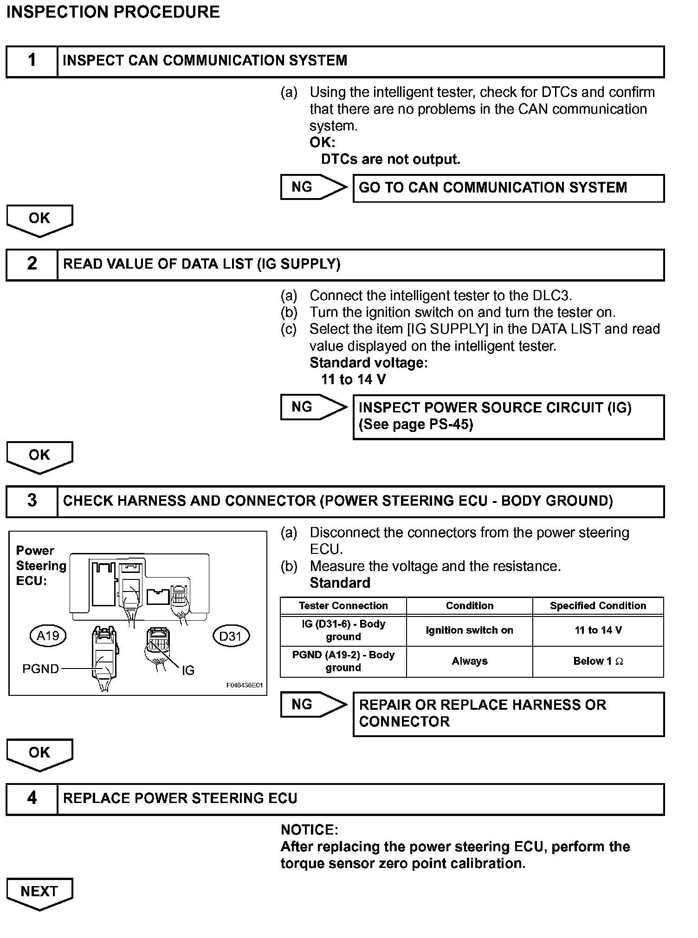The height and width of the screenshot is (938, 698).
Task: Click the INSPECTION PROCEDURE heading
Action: point(113,12)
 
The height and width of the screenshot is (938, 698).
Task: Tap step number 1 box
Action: point(32,61)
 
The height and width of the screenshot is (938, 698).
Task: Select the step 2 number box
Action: point(32,264)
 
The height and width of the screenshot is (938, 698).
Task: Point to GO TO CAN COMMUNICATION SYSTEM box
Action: point(508,188)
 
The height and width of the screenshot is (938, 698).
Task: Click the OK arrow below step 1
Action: point(39,220)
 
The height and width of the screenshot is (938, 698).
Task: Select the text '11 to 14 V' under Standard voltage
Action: point(353,379)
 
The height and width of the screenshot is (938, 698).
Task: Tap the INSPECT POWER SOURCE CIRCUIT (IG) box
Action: point(508,416)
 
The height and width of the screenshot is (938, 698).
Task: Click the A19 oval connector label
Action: point(48,636)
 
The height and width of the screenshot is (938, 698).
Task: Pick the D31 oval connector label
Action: point(231,636)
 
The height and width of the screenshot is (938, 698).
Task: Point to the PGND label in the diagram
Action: point(41,668)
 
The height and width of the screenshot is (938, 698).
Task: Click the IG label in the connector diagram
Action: point(188,670)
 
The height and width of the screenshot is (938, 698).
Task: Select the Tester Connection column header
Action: point(343,606)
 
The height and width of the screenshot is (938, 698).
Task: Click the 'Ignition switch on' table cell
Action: point(469,630)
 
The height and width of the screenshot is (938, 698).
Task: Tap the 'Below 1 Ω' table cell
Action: point(598,662)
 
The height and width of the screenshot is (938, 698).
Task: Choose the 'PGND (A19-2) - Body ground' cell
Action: point(343,661)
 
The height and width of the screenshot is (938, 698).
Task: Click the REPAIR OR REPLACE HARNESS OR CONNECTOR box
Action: point(508,713)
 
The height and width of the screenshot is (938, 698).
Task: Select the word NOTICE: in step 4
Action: point(310,830)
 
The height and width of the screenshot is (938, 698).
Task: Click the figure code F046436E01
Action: point(245,685)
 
